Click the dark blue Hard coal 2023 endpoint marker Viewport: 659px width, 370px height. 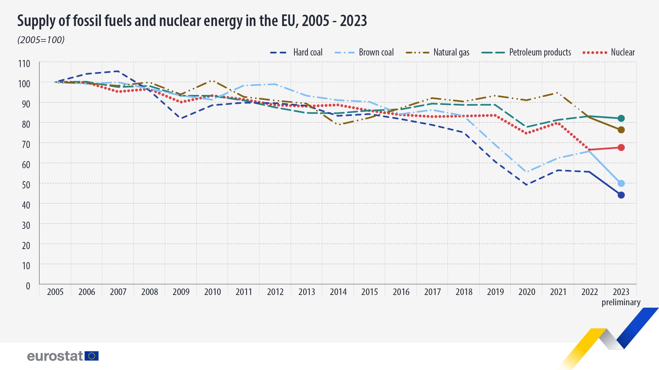point(621,195)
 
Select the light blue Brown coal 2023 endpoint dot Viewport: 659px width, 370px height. point(621,183)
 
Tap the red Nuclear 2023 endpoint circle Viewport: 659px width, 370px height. point(621,148)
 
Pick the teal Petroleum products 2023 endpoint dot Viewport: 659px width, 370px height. point(621,119)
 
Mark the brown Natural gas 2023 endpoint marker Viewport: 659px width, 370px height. point(621,130)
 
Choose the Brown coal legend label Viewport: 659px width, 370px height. point(376,52)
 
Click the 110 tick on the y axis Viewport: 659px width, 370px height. point(24,64)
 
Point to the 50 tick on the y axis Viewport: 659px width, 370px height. point(26,185)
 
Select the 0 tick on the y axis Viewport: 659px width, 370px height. point(28,286)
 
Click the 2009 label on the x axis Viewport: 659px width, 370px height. point(181,292)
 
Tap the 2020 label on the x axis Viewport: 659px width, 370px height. point(527,292)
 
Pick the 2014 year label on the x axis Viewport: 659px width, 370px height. point(338,292)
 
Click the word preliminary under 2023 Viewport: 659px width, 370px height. point(621,303)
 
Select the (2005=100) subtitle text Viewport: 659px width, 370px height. point(41,40)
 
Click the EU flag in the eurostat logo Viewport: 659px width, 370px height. point(92,356)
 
